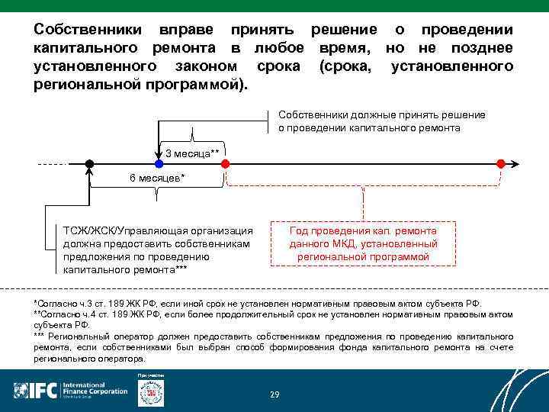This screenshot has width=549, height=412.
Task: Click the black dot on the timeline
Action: [89, 163]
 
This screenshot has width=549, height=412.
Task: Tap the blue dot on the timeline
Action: [159, 163]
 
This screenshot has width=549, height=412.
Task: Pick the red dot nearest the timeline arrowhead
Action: [500, 163]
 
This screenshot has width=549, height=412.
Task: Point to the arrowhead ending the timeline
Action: [517, 163]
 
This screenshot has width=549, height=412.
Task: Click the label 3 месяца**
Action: [192, 154]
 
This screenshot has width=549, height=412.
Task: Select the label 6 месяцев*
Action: [157, 178]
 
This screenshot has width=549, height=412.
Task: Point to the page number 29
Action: [274, 394]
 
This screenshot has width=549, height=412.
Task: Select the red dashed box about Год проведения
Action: [363, 243]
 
